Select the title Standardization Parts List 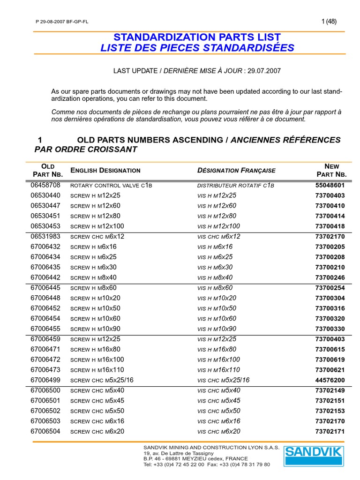(197, 37)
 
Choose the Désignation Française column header (236, 170)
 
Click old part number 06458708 (45, 185)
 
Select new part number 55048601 (330, 185)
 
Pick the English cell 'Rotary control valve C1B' (111, 185)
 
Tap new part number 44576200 (330, 380)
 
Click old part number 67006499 (45, 380)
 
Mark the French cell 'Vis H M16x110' (218, 370)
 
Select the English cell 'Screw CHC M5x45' (97, 401)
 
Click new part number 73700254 (330, 288)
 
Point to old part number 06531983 (45, 237)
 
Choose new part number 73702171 (330, 431)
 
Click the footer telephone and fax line (206, 465)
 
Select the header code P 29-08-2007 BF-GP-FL (62, 22)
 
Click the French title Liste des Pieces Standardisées (197, 48)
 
